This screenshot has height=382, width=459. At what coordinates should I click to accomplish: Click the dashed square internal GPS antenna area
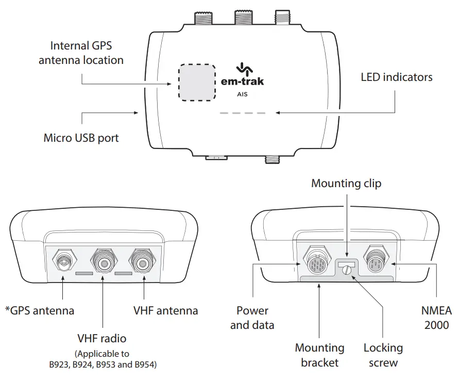[x=196, y=82]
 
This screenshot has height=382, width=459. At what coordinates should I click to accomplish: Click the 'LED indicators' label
[x=396, y=77]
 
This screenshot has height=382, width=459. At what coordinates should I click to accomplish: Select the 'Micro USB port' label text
[x=81, y=138]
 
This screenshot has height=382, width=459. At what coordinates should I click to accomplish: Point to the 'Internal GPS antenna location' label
[x=81, y=53]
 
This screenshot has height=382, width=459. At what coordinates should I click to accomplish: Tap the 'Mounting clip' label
[x=346, y=183]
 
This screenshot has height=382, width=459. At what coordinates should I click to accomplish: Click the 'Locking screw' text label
[x=383, y=355]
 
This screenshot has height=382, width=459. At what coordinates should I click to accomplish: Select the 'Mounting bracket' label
[x=319, y=355]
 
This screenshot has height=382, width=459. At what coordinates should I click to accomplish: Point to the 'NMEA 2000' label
[x=435, y=318]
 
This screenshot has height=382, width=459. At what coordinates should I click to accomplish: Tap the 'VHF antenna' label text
[x=165, y=310]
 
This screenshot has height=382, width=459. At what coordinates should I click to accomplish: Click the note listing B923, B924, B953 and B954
[x=101, y=359]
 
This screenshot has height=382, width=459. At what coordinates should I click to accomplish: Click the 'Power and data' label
[x=252, y=318]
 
